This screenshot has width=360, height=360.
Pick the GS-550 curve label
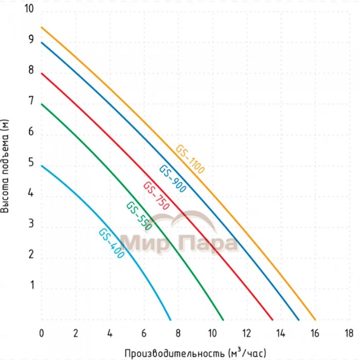[139, 215]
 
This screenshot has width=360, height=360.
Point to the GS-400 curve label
[111, 242]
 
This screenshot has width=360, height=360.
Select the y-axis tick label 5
[31, 163]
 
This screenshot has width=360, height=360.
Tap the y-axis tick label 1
[31, 285]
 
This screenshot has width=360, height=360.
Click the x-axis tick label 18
[349, 333]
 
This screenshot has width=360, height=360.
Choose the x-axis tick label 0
[42, 333]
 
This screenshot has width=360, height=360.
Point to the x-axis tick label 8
[178, 333]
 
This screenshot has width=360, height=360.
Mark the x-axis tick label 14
[280, 333]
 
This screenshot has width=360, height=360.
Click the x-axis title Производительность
[175, 353]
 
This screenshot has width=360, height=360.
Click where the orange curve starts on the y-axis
[42, 27]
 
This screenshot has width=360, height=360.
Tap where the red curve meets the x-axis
[272, 319]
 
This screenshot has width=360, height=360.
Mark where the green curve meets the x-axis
[224, 319]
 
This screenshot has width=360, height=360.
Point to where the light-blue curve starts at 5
[42, 166]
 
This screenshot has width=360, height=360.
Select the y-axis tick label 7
[31, 101]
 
